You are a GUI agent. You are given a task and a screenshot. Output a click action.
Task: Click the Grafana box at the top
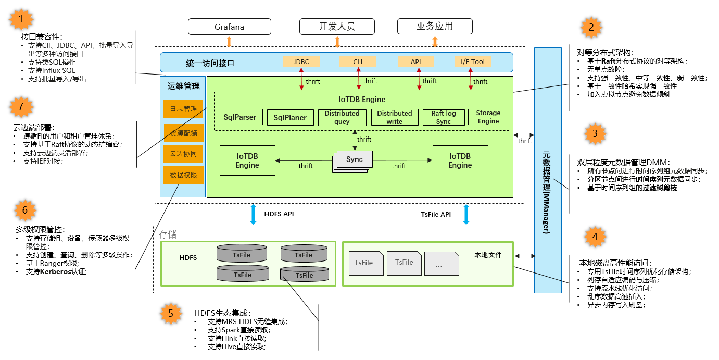click(229, 27)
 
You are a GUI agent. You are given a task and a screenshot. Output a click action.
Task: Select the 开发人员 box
click(337, 27)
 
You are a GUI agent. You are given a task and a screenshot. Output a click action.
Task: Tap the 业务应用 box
click(435, 27)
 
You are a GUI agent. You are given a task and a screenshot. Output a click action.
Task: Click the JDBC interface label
click(301, 62)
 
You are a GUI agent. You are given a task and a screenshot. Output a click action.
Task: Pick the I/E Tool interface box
click(472, 62)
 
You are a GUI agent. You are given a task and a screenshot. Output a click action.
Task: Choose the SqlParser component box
click(240, 117)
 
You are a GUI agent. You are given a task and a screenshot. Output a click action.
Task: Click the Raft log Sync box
click(444, 117)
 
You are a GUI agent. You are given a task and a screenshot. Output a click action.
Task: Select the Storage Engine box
click(488, 117)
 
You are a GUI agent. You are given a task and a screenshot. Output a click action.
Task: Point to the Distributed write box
click(394, 117)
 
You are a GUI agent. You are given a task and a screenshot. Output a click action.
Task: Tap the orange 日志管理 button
click(183, 109)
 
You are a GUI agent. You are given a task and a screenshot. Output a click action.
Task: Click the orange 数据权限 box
click(183, 176)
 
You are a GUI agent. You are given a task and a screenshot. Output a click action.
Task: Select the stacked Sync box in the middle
click(353, 160)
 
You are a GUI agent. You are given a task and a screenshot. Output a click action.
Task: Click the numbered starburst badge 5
click(170, 314)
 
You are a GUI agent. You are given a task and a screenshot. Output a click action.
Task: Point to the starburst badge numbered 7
click(21, 107)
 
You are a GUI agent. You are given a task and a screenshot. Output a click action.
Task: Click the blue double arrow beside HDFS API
click(254, 214)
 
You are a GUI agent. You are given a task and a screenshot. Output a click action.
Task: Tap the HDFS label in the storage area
click(188, 258)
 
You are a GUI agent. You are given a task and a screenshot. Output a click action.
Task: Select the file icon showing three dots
click(440, 264)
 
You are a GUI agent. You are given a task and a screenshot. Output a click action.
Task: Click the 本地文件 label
click(488, 255)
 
